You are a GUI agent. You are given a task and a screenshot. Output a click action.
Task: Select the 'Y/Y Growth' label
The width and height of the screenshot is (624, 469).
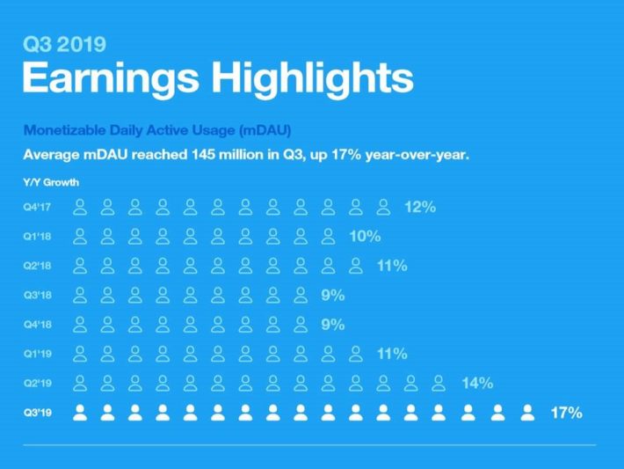(51, 182)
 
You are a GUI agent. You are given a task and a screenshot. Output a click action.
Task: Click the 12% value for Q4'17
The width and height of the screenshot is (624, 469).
(420, 208)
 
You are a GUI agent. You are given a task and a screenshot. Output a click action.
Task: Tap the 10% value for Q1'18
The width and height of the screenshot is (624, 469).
(364, 237)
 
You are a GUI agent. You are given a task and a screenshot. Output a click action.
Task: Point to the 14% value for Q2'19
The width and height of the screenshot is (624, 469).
(476, 383)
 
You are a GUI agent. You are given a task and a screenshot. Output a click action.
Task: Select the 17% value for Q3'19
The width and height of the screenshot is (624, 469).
(566, 412)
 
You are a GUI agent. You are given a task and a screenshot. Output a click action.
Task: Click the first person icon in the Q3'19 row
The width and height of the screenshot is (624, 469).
(81, 412)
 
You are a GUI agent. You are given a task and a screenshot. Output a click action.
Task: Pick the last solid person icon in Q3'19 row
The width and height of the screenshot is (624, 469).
(527, 412)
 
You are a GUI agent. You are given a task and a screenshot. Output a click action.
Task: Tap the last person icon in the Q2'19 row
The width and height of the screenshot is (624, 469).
(439, 383)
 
